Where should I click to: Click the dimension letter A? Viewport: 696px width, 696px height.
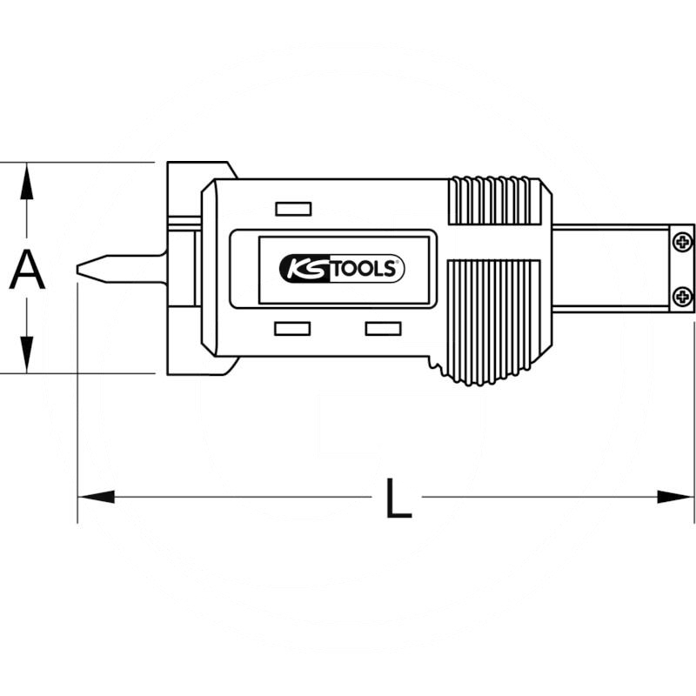[27, 269]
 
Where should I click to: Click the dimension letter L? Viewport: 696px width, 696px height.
[398, 498]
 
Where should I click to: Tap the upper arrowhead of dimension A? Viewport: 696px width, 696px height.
[27, 181]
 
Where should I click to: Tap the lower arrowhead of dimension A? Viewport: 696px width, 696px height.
[27, 355]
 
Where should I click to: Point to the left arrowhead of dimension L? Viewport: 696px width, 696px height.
[96, 497]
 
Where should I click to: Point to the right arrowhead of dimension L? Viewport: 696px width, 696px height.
[675, 497]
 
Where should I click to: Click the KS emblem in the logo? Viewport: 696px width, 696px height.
[305, 269]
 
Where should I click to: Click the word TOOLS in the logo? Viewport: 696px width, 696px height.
[363, 269]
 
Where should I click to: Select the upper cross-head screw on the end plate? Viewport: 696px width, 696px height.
[682, 242]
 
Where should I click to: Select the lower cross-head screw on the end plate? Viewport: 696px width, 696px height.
[682, 296]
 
